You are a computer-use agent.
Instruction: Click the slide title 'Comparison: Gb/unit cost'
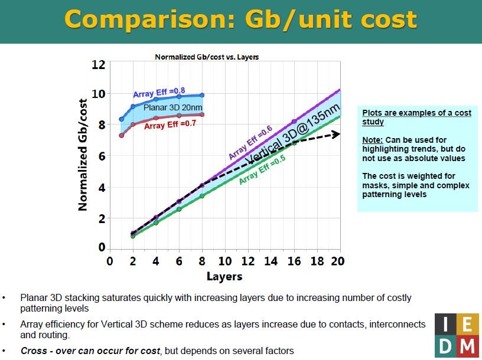240,19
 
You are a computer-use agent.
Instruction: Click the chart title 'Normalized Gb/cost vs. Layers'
207,57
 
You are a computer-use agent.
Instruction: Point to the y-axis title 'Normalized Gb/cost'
84,155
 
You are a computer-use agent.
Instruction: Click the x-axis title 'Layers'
224,276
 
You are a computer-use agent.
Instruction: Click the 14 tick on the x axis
270,261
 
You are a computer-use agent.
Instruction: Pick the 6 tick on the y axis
101,156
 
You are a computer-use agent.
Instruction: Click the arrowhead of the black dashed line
336,134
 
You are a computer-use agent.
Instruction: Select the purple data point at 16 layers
294,122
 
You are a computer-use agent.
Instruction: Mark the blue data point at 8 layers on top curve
202,95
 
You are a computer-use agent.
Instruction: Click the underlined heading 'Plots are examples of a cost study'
416,117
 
